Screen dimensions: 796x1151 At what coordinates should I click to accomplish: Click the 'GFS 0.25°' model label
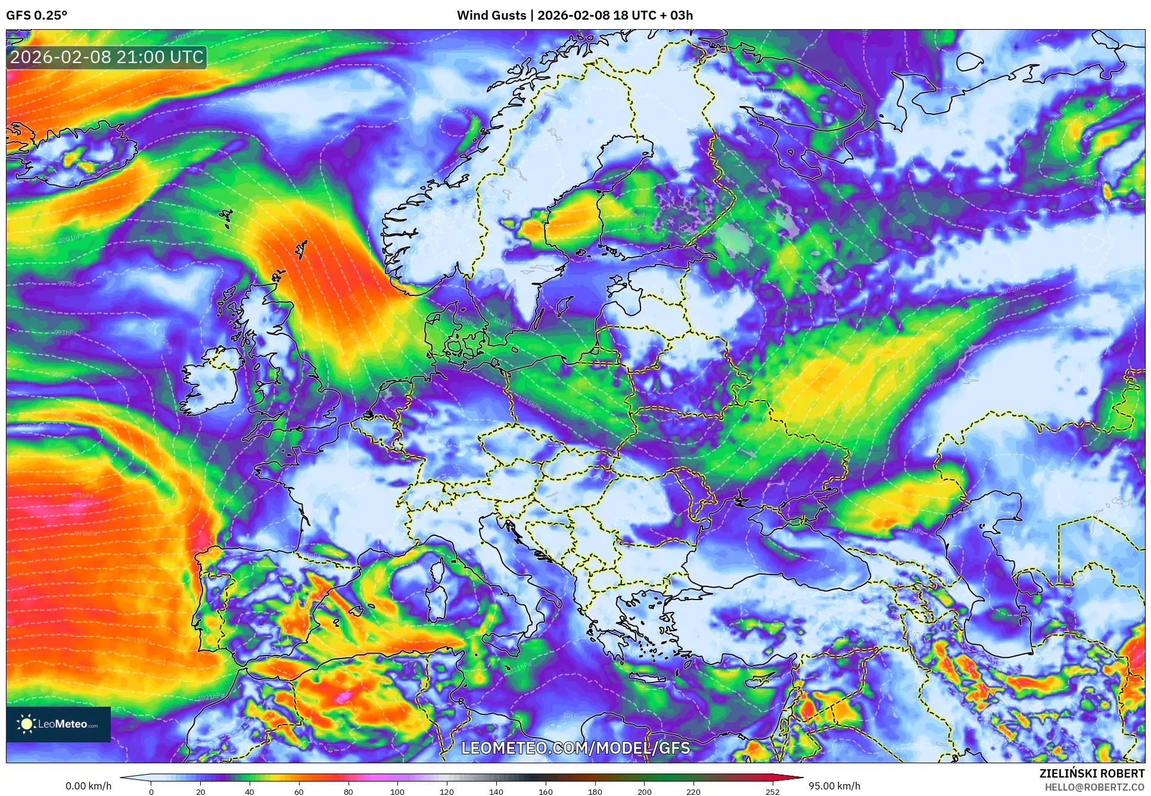[x=36, y=15]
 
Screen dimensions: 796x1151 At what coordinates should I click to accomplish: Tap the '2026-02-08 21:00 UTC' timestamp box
[x=107, y=58]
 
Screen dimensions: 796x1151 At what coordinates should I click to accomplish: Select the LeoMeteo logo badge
[x=58, y=724]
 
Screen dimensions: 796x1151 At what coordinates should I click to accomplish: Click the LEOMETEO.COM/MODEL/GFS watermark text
[x=575, y=748]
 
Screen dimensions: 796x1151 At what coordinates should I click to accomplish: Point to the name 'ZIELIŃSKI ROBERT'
[x=1092, y=773]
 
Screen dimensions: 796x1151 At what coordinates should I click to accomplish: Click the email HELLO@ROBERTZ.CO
[x=1094, y=787]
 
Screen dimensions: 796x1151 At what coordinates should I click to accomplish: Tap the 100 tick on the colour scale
[x=397, y=791]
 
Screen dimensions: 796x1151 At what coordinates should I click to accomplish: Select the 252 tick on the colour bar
[x=772, y=791]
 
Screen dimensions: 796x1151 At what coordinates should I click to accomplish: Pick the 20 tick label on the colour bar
[x=201, y=791]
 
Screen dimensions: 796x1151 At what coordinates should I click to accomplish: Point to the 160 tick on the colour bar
[x=545, y=791]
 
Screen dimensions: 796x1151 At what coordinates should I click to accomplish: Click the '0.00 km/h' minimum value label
[x=88, y=786]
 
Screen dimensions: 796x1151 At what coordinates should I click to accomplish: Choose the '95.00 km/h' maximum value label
[x=834, y=786]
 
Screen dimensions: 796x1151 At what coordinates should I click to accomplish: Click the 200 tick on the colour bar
[x=644, y=791]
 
